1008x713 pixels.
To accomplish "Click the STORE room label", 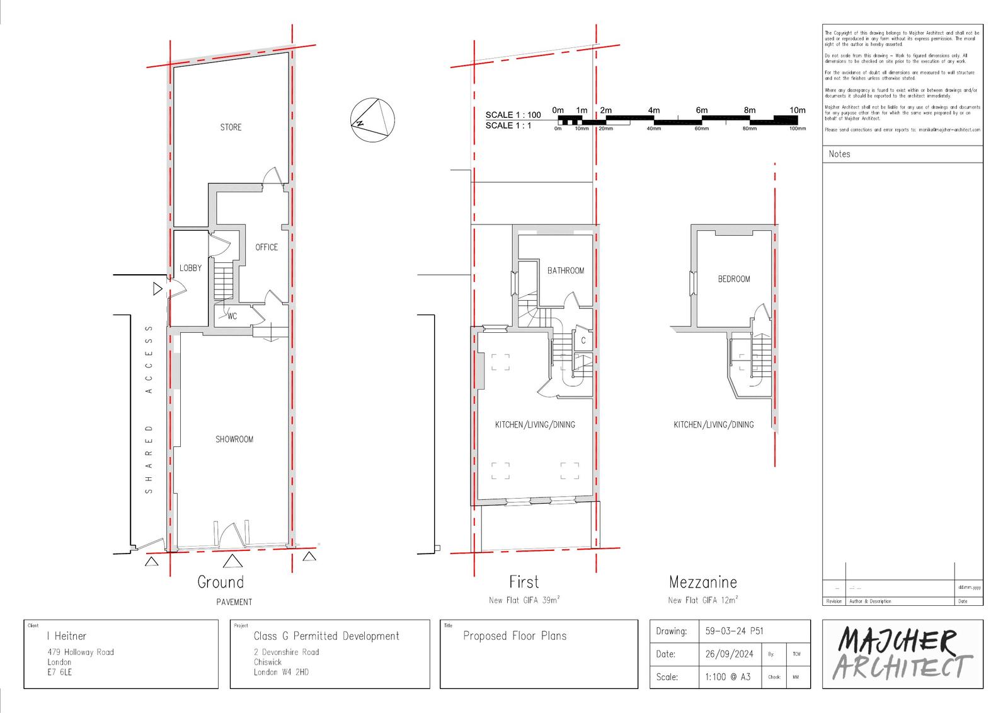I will point(231,127).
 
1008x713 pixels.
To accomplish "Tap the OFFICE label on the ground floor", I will point(266,247).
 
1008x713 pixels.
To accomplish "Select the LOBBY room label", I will point(190,268).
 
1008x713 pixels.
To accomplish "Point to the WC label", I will point(232,316).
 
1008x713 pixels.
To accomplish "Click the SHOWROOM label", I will point(234,439).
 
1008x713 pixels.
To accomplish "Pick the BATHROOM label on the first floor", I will point(565,270).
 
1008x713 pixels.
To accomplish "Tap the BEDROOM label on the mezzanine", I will point(734,279).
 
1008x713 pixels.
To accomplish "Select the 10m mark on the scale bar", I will point(797,110).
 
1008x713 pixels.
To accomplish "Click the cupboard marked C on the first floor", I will point(583,340).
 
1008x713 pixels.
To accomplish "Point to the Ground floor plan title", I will point(220,582).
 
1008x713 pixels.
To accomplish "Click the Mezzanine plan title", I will point(702,582).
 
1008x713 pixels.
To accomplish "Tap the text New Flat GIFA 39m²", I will point(524,600).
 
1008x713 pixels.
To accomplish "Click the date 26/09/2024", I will point(729,654).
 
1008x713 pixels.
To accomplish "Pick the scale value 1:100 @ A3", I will point(728,677).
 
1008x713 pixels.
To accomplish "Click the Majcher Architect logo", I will point(902,654).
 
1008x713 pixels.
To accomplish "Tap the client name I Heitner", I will point(67,636).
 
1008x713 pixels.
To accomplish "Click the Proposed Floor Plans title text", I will point(515,636).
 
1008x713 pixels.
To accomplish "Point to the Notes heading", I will point(839,154).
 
